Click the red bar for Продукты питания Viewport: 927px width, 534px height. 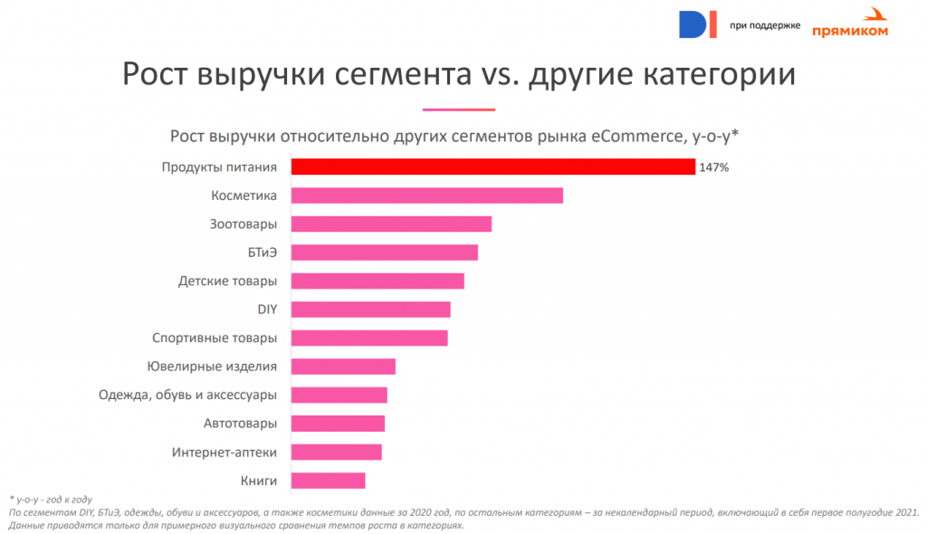coord(492,167)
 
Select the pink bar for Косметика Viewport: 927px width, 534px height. coord(426,195)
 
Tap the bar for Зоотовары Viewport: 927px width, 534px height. coord(391,224)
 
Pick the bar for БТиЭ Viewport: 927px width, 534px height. coord(384,253)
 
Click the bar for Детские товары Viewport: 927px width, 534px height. coord(377,281)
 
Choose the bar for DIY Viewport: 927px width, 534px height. coord(370,310)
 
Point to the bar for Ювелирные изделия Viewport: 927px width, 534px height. coord(343,367)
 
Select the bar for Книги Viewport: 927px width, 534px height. coord(328,481)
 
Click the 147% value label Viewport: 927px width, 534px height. coord(714,167)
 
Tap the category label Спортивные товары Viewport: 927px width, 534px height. coord(215,339)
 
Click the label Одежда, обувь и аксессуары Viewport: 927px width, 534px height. coord(187,395)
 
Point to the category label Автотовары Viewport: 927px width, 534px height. coord(240,424)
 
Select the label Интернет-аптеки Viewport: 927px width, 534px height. coord(225,452)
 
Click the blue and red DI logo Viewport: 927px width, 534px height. coord(697,24)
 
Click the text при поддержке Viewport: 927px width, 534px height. coord(764,25)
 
